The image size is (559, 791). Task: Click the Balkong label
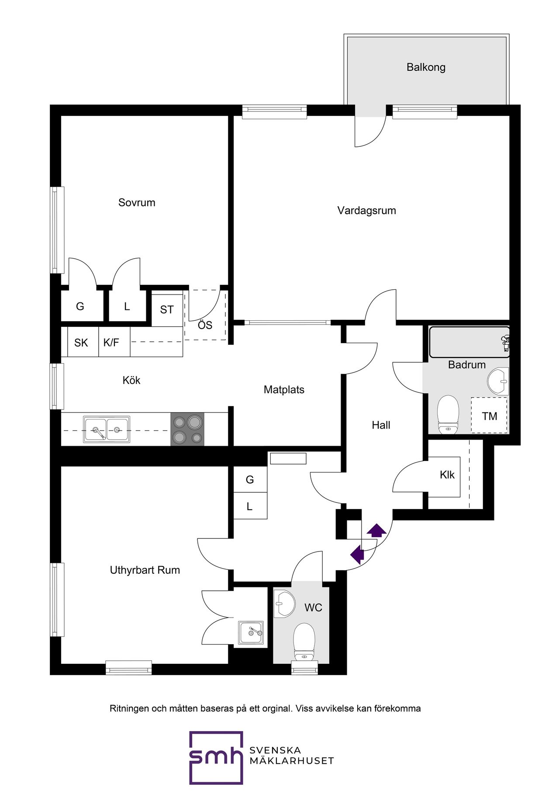[426, 67]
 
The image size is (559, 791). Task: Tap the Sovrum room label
[137, 202]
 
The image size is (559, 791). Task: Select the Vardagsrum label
[367, 211]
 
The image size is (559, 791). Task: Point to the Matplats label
[284, 389]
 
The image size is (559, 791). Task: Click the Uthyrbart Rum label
[145, 570]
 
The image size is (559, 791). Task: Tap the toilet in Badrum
[448, 414]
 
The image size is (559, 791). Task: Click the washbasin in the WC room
[284, 604]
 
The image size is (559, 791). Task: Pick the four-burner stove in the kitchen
[187, 429]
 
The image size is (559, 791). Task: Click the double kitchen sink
[107, 429]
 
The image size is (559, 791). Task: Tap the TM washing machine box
[489, 415]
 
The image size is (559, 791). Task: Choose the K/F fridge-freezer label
[111, 343]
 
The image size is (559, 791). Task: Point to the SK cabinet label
[81, 343]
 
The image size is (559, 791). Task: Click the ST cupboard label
[167, 310]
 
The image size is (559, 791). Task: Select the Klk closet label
[447, 475]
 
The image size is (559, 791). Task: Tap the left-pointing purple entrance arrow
[357, 555]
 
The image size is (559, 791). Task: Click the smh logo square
[216, 758]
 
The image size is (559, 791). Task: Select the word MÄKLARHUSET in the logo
[292, 761]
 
